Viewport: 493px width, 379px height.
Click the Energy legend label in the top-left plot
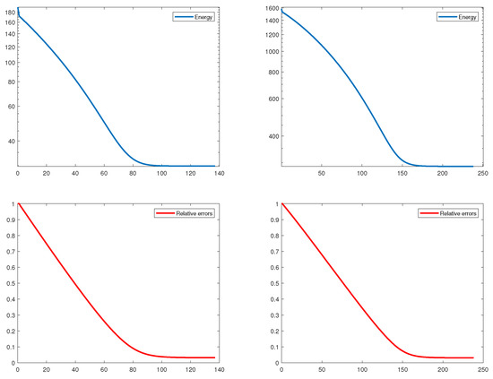(202, 17)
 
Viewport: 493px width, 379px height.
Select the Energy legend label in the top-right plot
(466, 17)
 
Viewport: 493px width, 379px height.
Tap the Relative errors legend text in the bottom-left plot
(195, 215)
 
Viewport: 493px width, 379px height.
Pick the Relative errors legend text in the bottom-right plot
(459, 215)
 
